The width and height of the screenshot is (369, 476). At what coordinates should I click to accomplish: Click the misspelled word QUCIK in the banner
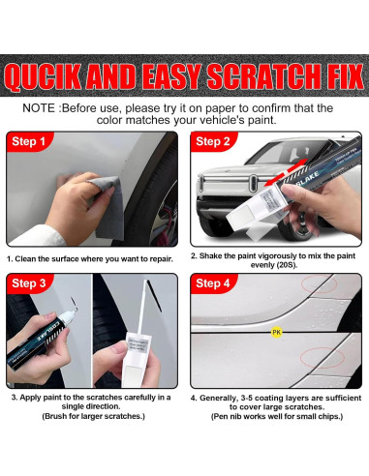44,76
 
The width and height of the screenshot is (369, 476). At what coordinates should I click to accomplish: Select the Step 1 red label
28,141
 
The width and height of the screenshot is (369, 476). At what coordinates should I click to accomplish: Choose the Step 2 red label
213,141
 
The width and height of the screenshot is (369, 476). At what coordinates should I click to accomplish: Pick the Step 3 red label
29,283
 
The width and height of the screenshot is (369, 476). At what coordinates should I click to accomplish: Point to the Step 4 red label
213,283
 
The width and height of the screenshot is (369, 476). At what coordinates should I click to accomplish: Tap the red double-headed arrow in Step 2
286,172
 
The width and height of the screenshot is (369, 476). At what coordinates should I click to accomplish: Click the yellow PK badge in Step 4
277,332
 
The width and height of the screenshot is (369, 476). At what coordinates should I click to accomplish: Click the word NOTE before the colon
39,108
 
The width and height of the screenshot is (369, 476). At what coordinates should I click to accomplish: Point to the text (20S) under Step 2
284,265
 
